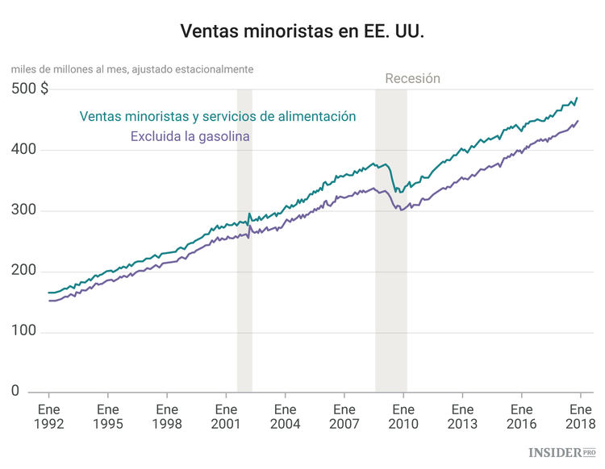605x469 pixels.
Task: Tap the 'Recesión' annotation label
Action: pos(412,78)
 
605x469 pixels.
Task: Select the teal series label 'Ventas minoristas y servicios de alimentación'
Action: pos(218,116)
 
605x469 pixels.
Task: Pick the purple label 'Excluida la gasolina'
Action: pos(190,136)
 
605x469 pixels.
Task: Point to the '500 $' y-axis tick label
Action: pos(30,89)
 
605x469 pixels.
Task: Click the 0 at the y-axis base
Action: pos(15,391)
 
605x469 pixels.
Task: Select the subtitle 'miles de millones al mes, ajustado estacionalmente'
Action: pos(132,69)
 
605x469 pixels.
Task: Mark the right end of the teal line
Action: pos(577,98)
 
